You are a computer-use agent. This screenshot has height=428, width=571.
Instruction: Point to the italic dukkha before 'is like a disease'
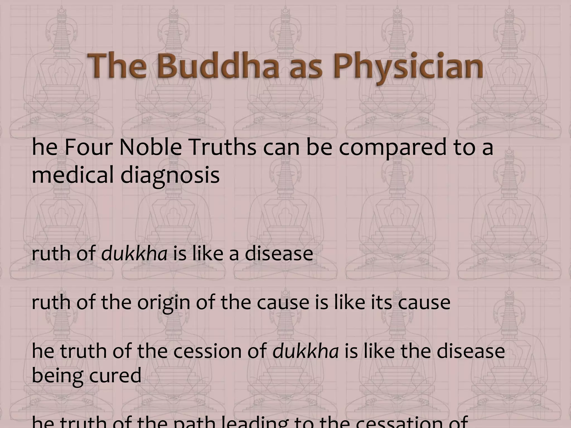[x=134, y=254]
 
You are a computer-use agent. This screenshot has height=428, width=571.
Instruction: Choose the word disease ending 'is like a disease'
[x=279, y=254]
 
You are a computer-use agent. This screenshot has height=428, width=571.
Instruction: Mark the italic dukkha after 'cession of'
[x=306, y=351]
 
